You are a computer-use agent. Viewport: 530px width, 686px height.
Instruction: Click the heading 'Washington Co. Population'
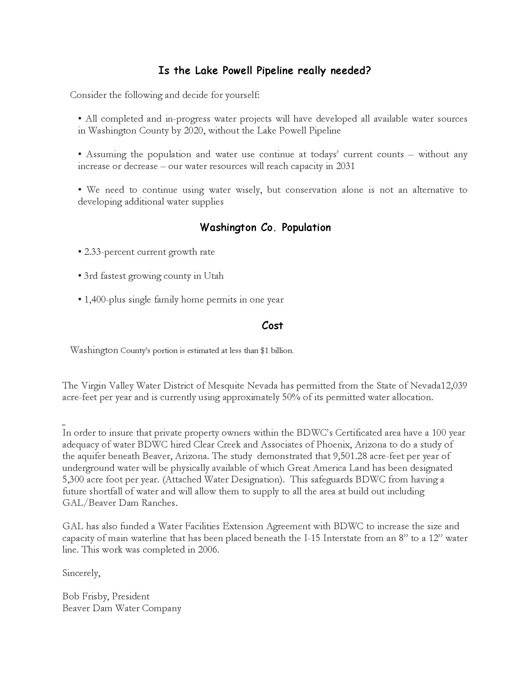[265, 227]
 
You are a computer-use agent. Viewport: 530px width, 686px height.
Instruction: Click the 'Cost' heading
[272, 326]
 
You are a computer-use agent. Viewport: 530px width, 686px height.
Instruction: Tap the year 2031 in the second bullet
[345, 166]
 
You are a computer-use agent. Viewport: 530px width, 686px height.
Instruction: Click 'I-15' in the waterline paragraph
[312, 538]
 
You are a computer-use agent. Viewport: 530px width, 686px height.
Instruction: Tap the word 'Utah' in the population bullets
[214, 276]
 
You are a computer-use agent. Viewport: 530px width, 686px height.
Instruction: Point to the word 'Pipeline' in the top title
[275, 71]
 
